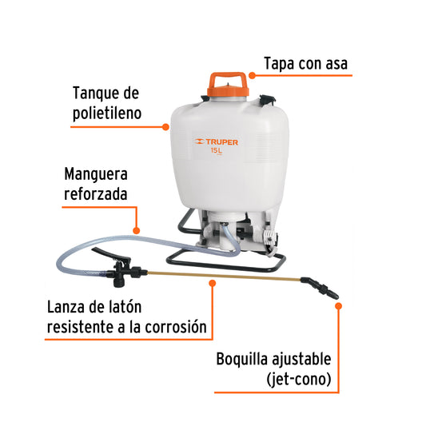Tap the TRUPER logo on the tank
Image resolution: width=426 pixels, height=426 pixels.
point(217,141)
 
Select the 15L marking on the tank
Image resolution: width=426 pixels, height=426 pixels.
point(217,150)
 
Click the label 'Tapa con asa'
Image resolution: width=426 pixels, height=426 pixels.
point(305,64)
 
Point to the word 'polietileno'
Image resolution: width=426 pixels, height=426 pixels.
point(107,113)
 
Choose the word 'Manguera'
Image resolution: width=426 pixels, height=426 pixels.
point(96,174)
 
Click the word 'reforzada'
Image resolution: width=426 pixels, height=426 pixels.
point(95,194)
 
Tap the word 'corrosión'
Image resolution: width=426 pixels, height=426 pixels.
point(176,327)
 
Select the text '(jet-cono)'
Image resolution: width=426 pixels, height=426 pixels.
point(299,379)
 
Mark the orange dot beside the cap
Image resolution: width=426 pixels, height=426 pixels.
point(252,75)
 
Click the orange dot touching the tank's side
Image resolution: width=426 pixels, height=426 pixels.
point(165,127)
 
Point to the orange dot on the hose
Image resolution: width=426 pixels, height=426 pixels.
point(137,231)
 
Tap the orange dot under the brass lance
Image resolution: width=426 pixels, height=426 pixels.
point(213,284)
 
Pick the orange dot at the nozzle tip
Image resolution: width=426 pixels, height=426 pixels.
point(339,306)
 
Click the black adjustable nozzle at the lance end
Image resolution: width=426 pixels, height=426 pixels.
point(320,288)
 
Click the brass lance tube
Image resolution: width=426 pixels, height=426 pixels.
point(224,276)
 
